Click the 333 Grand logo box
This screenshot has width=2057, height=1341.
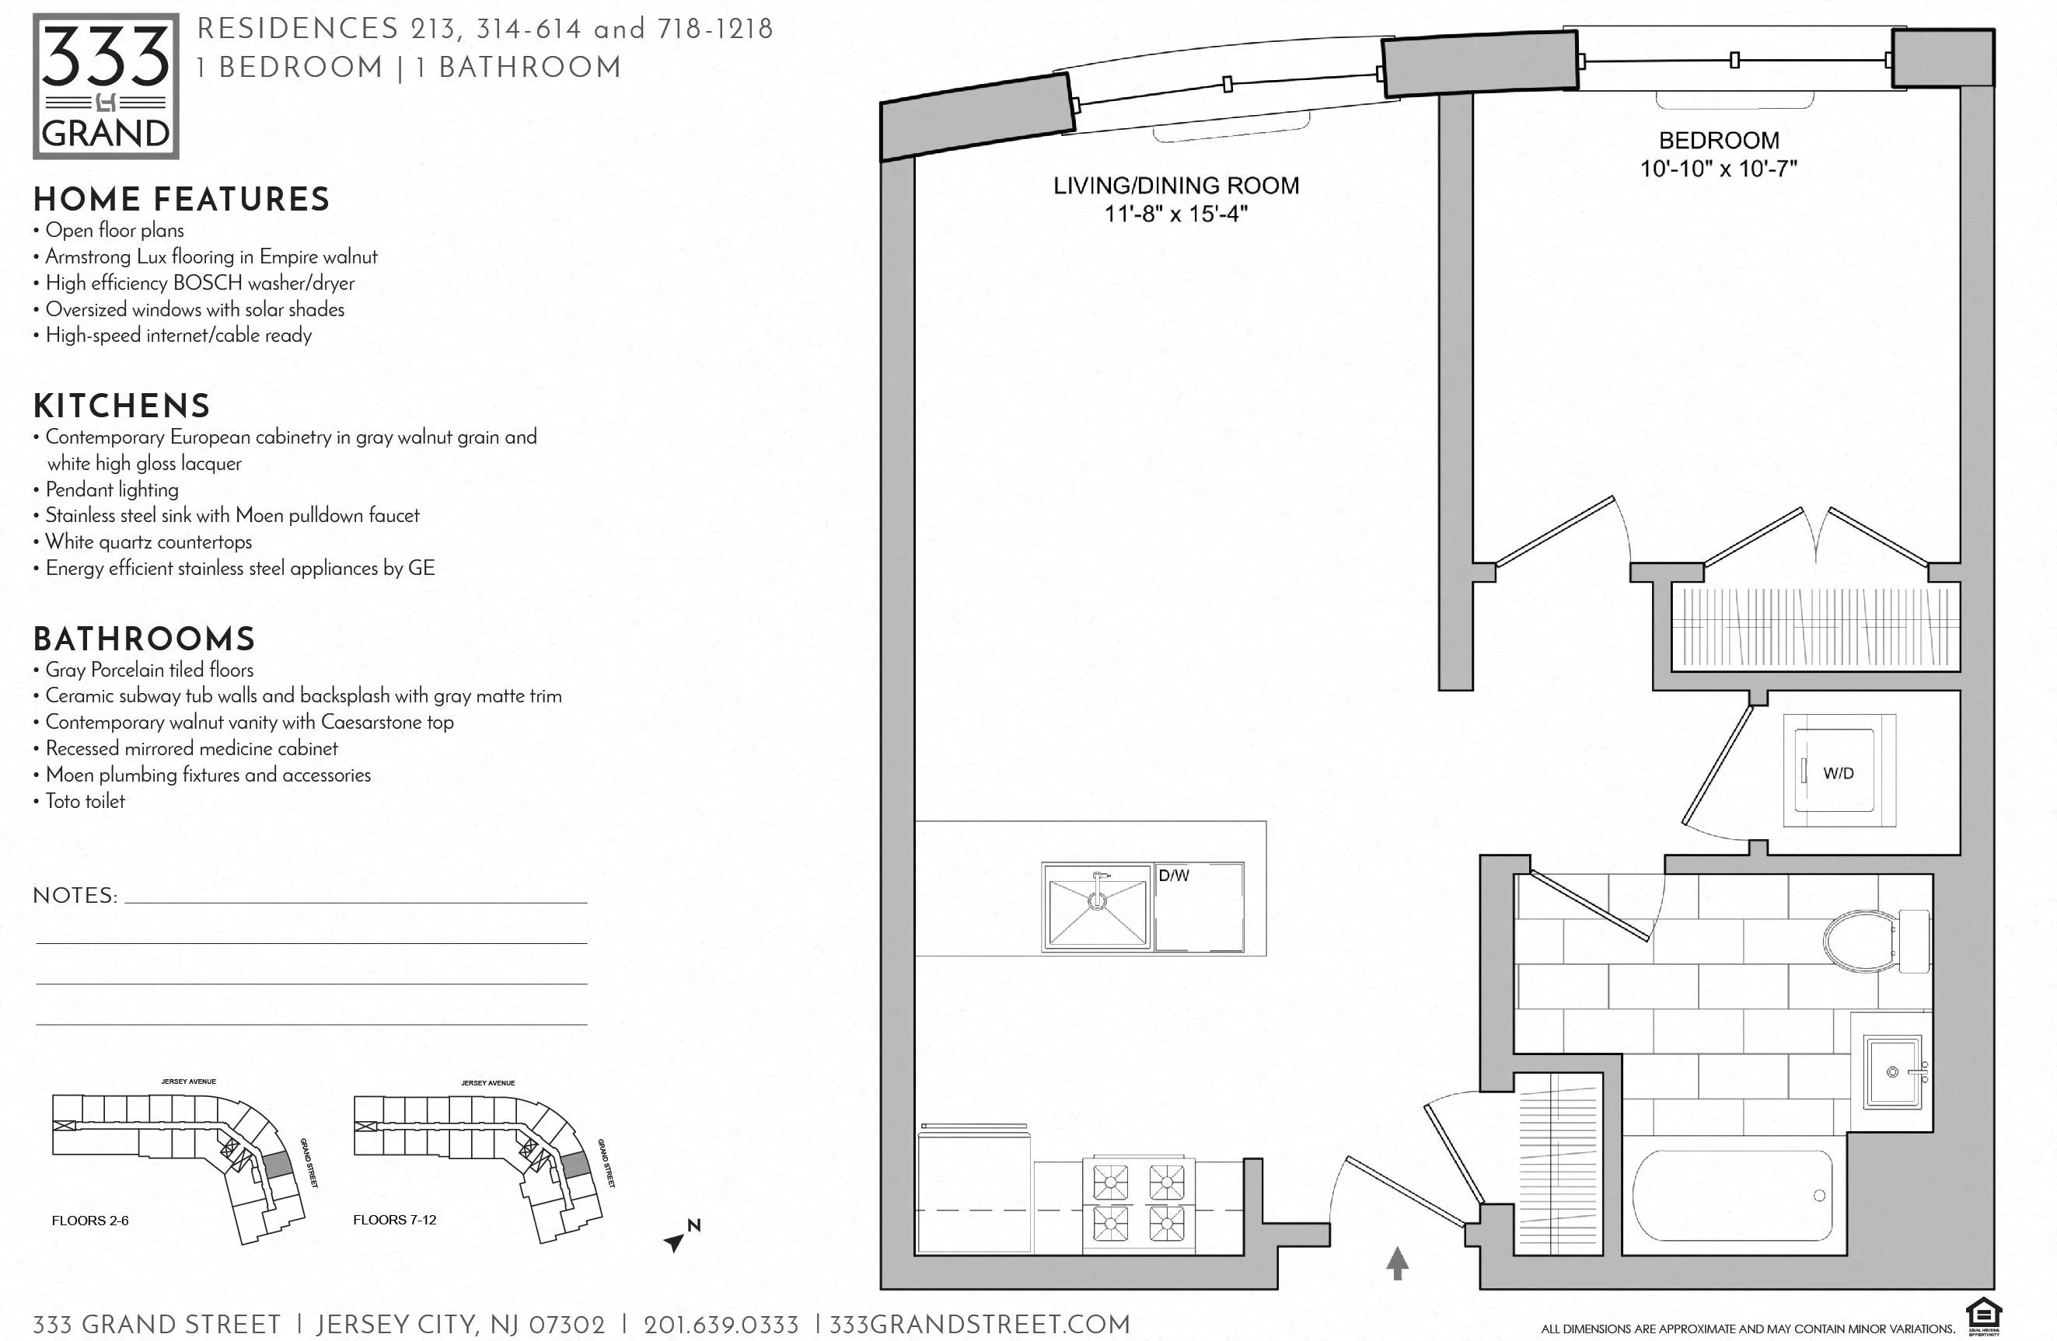106,86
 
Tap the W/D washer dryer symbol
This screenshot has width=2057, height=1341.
1839,772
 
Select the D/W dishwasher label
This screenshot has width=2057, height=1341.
1174,876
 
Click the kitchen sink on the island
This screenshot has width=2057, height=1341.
1097,907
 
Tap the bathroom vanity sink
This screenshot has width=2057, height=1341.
1893,1072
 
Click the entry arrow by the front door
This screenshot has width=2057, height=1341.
1398,1263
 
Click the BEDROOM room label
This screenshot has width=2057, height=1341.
1718,141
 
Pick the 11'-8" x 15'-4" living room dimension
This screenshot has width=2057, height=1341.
1175,214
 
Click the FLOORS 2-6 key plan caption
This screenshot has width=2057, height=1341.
90,1220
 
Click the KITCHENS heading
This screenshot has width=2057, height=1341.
122,406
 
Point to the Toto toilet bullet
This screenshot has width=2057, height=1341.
85,801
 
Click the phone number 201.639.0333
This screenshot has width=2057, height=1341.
721,1325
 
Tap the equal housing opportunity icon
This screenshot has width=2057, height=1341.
1984,1318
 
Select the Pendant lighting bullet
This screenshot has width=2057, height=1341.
111,489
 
